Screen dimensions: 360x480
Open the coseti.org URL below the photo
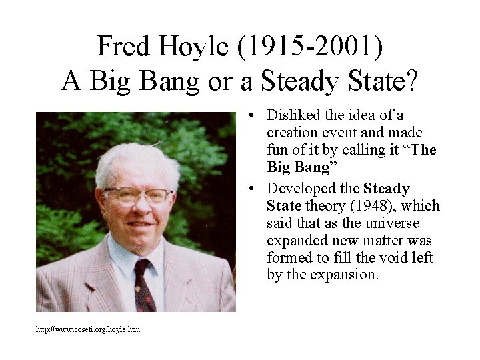[x=88, y=330]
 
